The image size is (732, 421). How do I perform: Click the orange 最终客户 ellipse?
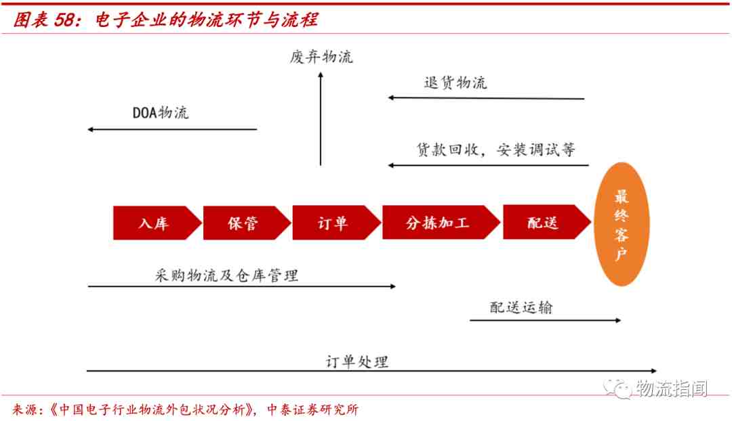622,224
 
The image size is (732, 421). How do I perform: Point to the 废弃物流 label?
321,57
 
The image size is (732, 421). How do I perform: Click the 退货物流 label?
455,83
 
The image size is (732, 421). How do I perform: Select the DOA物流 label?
161,112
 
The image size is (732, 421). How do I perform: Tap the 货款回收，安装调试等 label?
495,149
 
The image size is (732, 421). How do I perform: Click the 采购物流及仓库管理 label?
226,275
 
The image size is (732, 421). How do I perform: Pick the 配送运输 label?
521,307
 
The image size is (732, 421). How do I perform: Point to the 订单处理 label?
357,361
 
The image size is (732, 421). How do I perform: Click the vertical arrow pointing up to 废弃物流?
321,118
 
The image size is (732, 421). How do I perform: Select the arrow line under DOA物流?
172,129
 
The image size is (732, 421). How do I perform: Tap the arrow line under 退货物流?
486,98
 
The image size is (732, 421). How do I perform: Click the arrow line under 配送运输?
545,320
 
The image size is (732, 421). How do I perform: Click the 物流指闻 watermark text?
672,388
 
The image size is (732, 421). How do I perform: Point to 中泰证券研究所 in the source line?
312,409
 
